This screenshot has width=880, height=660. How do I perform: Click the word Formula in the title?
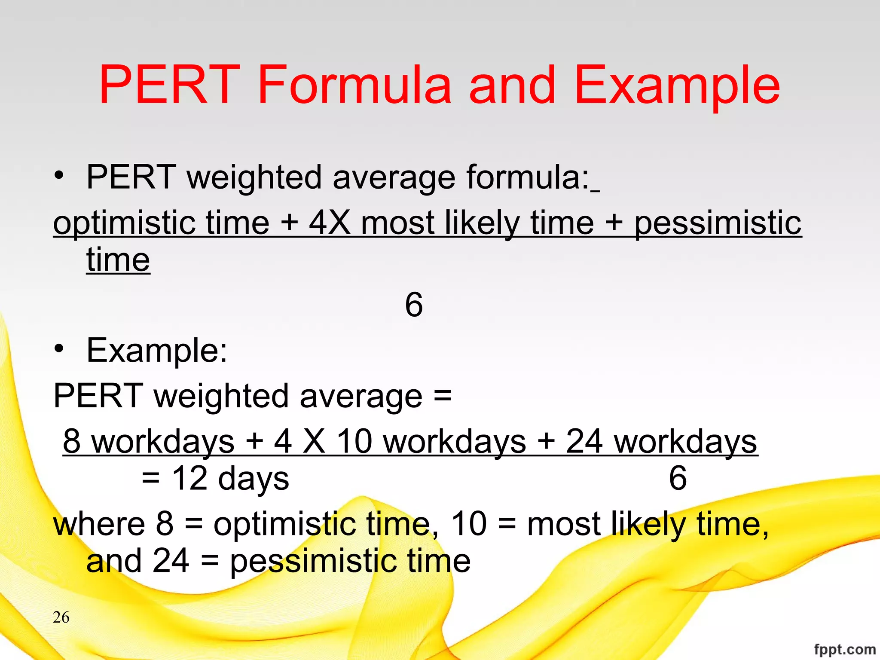tap(354, 85)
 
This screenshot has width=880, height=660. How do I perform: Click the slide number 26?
tap(61, 617)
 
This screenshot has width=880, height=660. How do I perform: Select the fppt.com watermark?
tap(844, 649)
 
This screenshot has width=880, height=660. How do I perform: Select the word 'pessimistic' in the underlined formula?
tap(718, 223)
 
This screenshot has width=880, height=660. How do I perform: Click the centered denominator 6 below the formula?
tap(414, 305)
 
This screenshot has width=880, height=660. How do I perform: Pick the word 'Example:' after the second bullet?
tap(157, 351)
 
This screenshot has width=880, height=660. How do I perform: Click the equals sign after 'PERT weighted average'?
tap(442, 395)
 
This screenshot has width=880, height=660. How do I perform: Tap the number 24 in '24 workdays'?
tap(584, 441)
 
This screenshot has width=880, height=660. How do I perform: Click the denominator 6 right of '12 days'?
tap(678, 478)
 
